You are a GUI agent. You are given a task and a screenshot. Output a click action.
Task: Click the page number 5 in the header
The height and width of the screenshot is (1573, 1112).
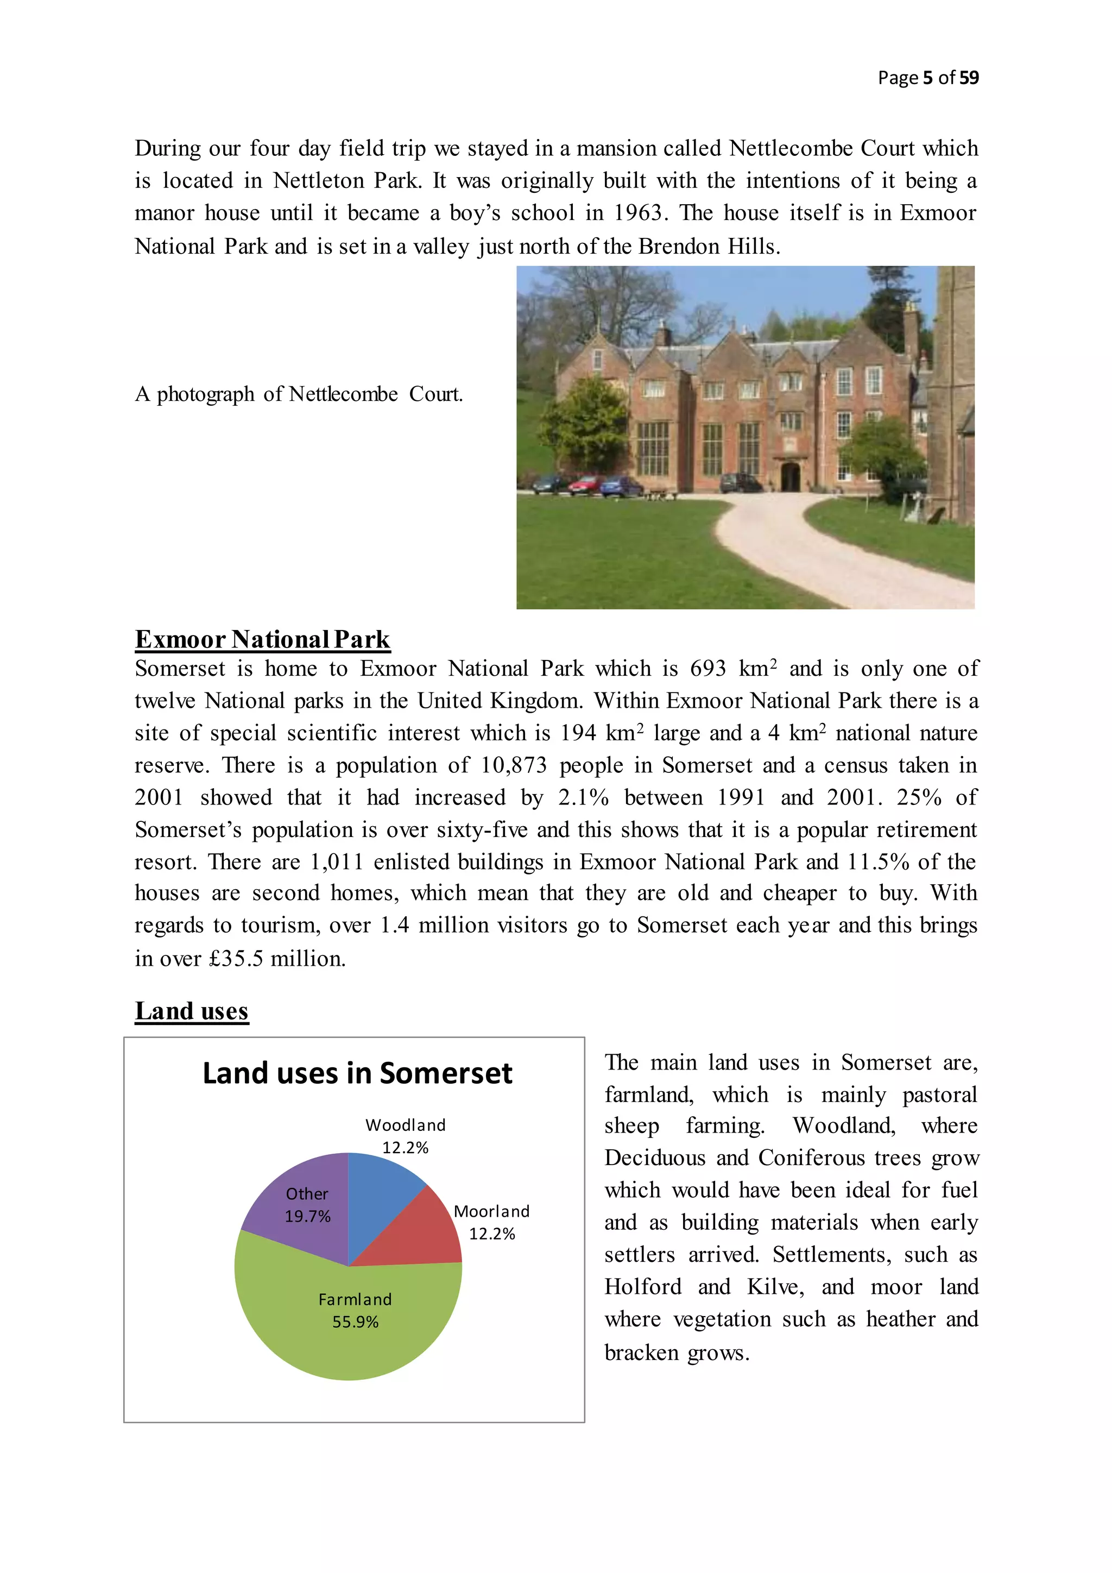pyautogui.click(x=927, y=78)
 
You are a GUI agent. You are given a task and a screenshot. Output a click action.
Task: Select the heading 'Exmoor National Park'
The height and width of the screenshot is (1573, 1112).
pyautogui.click(x=262, y=639)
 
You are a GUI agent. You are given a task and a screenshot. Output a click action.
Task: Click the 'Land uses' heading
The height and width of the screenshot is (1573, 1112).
pyautogui.click(x=192, y=1010)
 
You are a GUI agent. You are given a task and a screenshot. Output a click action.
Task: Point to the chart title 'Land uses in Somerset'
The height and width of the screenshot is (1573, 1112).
pyautogui.click(x=357, y=1073)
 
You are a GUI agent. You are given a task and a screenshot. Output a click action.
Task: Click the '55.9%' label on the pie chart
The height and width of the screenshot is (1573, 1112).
pyautogui.click(x=356, y=1322)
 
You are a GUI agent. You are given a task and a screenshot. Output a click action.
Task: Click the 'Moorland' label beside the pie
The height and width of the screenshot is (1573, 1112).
pyautogui.click(x=491, y=1211)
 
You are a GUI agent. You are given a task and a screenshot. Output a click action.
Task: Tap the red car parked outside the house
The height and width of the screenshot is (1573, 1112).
pyautogui.click(x=586, y=485)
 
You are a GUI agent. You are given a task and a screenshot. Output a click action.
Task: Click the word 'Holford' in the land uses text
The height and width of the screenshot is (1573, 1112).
pyautogui.click(x=642, y=1287)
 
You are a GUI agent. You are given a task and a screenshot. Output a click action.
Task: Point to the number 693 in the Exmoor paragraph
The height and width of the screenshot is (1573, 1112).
pyautogui.click(x=707, y=668)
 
